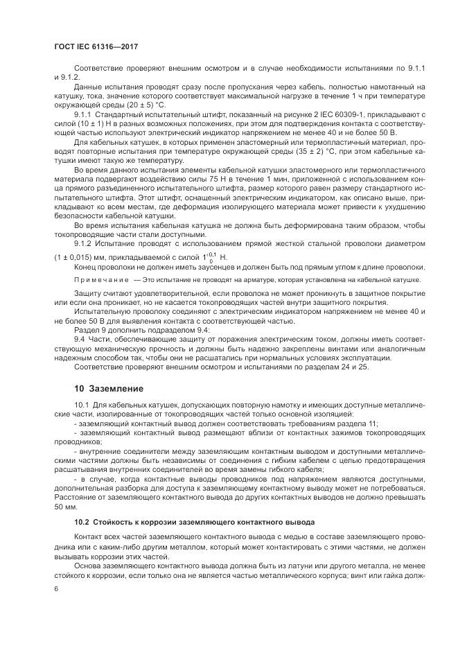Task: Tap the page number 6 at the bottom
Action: [55, 588]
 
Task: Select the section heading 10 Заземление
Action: [109, 388]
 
